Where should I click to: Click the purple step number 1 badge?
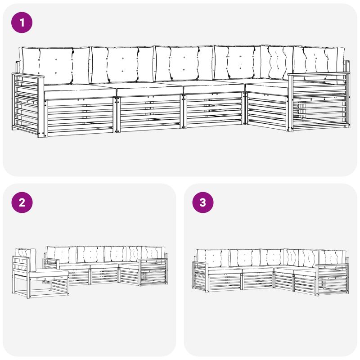(22, 22)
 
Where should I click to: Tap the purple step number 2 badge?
(22, 202)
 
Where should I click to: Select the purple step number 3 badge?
(203, 202)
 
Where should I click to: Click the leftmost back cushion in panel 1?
(55, 66)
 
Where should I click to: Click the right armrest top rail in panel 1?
(319, 74)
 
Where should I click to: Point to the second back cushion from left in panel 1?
(122, 65)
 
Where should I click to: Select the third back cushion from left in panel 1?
(184, 63)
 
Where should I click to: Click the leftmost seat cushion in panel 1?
(79, 91)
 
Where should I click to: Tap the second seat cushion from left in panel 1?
(149, 90)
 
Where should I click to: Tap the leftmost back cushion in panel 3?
(213, 258)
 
